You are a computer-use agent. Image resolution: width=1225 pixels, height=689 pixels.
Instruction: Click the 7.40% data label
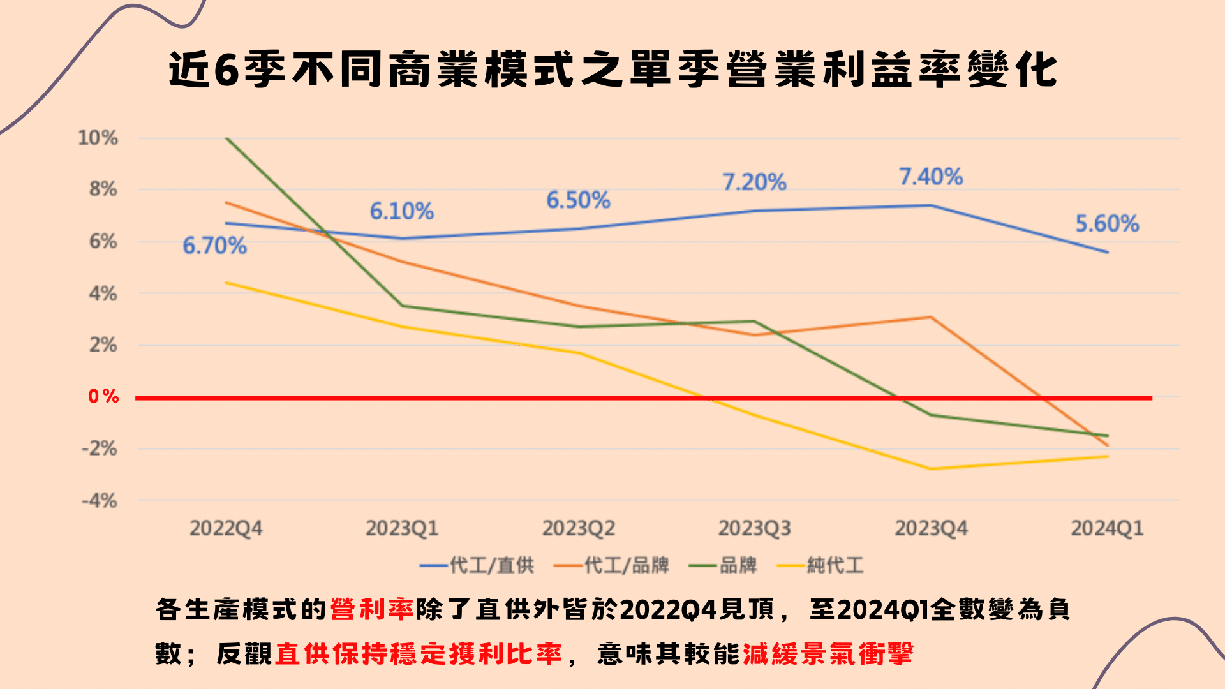(x=931, y=177)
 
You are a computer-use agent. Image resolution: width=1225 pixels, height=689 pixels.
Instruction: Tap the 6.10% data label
(x=402, y=211)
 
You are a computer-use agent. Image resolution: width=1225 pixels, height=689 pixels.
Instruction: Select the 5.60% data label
(x=1107, y=224)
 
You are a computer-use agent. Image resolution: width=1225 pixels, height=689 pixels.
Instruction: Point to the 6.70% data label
(x=214, y=246)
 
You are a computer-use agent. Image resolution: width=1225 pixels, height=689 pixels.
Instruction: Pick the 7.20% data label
(x=754, y=182)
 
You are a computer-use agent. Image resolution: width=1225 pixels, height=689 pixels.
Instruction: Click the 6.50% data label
(x=578, y=200)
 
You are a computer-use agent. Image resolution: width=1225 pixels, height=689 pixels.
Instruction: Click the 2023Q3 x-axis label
(x=754, y=528)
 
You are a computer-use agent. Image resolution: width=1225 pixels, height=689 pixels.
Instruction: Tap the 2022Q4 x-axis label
(x=226, y=528)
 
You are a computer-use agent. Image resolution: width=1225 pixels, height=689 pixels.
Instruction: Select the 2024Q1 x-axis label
(x=1107, y=528)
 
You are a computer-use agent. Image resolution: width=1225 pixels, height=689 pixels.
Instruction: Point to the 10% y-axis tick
(x=98, y=138)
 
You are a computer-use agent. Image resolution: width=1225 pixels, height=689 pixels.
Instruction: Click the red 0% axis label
(x=103, y=397)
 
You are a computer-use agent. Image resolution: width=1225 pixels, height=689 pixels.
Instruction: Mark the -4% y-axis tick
(x=100, y=501)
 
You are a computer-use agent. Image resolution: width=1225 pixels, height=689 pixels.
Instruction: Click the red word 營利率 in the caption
(x=372, y=610)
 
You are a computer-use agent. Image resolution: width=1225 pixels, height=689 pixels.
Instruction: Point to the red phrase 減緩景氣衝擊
(x=828, y=654)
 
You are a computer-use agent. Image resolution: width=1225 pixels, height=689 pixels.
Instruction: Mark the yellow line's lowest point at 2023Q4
(x=931, y=469)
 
